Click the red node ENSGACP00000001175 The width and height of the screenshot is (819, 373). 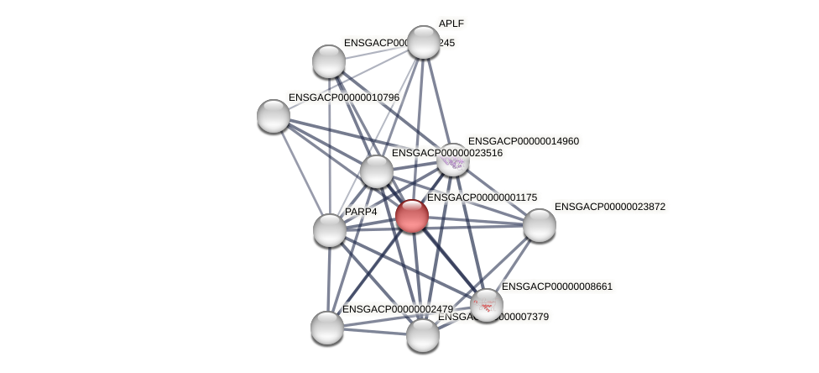411,216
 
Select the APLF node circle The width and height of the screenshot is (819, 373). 424,42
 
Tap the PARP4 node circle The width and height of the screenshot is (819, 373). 329,229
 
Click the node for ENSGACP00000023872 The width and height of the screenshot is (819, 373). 539,224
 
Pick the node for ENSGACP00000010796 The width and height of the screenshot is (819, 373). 274,115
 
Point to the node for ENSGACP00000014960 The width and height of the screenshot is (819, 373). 453,160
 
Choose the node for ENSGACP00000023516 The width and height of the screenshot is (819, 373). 377,171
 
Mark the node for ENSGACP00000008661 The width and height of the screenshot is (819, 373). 486,305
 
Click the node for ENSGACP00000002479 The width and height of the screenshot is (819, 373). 326,327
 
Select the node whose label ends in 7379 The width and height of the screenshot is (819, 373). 422,334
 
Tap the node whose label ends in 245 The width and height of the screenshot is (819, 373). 329,61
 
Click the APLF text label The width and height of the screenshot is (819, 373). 451,24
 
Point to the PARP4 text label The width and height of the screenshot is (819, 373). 361,212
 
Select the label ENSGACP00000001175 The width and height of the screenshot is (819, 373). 482,197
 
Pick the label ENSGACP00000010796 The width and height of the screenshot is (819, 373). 343,97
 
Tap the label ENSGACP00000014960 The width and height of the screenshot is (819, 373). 523,141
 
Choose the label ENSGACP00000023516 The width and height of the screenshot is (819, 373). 446,153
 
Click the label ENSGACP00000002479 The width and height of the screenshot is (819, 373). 397,309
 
